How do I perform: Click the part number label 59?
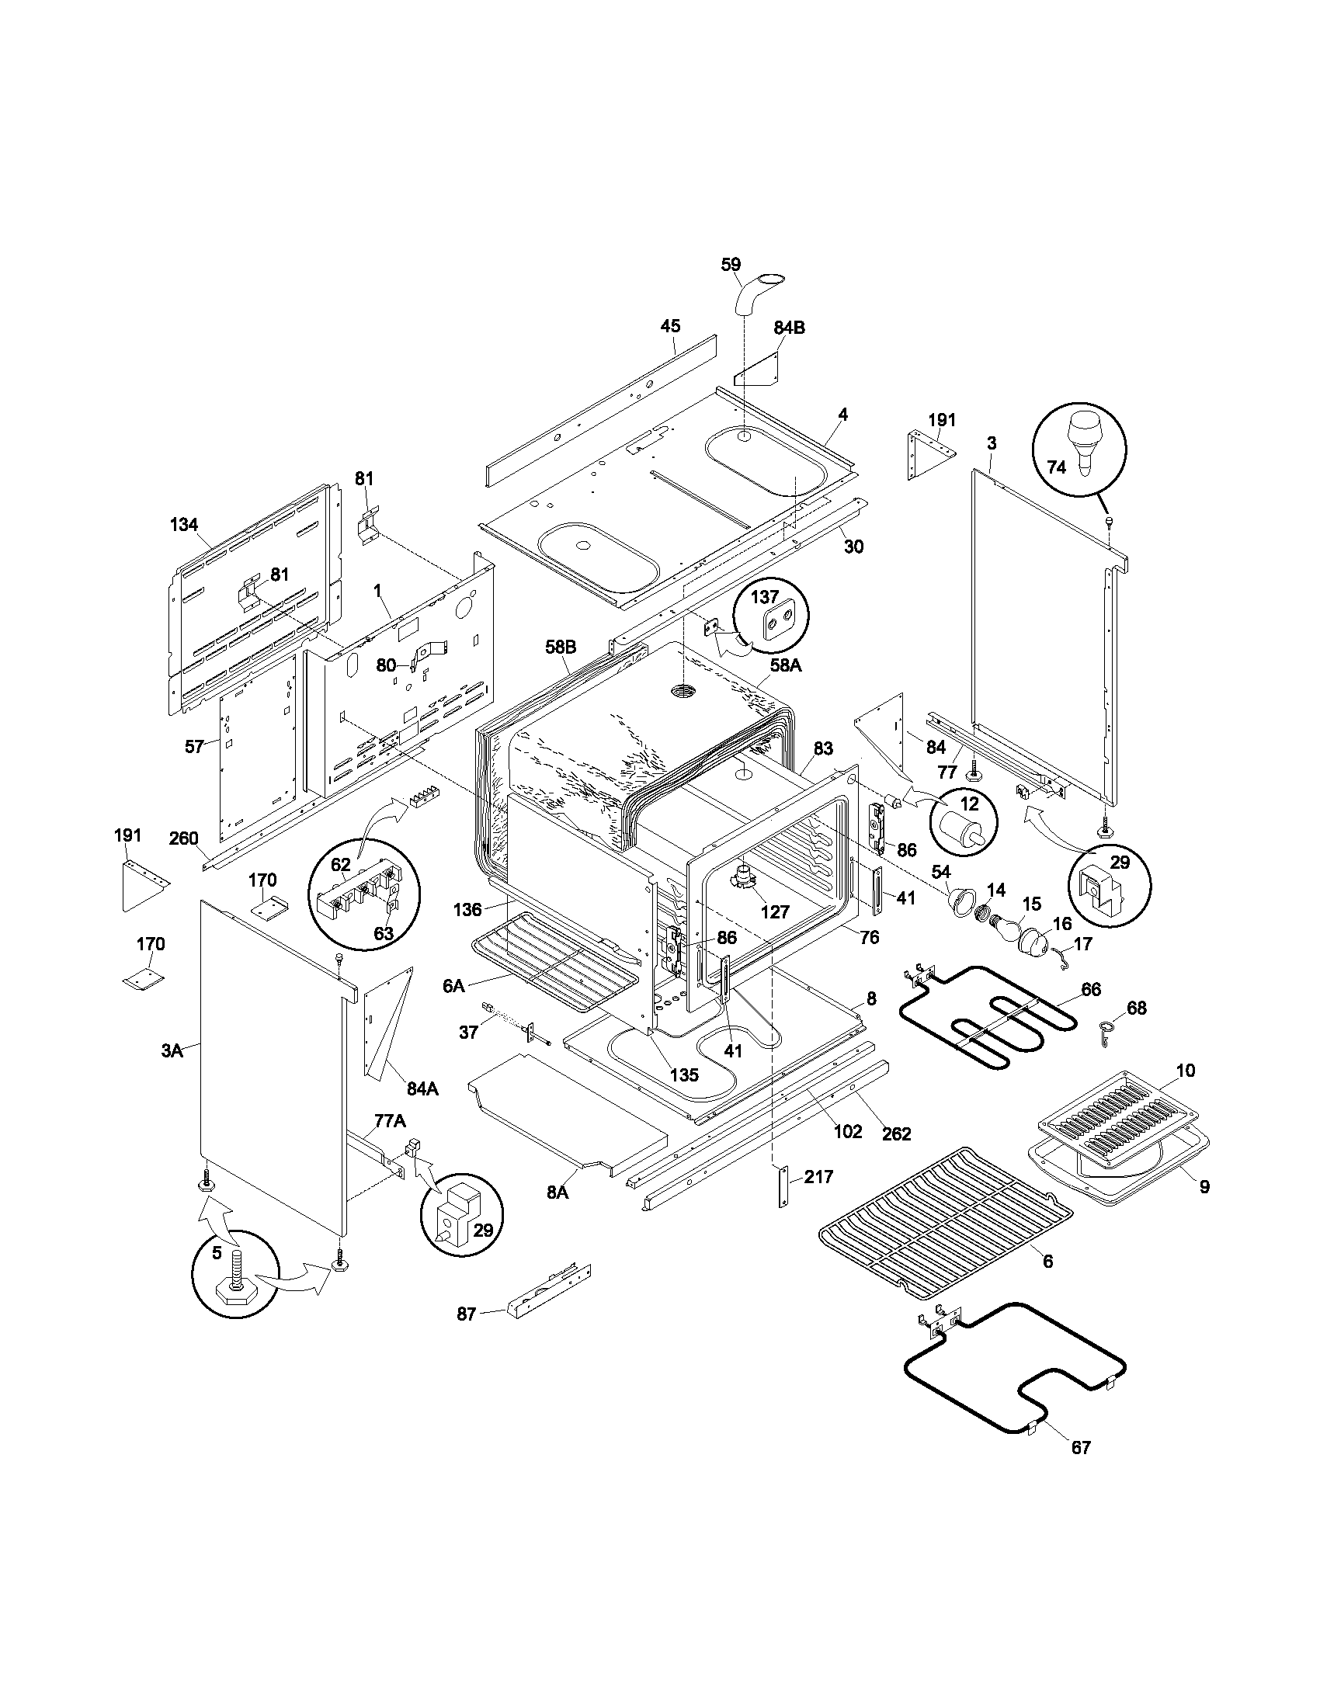[731, 265]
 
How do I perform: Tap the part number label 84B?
[789, 328]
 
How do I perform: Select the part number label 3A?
[172, 1051]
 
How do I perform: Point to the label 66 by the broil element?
[1090, 990]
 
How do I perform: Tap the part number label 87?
[466, 1314]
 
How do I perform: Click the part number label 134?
[184, 525]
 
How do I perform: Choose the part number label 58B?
[561, 647]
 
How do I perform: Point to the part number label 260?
[184, 838]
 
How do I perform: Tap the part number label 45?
[670, 326]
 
